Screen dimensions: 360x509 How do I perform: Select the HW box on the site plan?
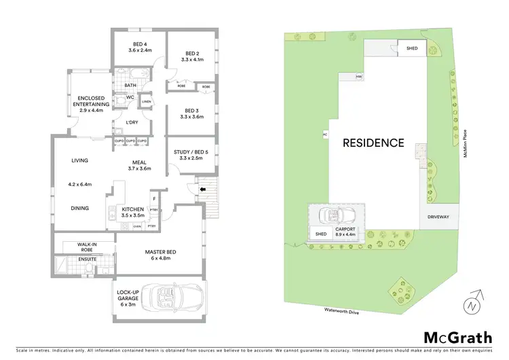(359, 77)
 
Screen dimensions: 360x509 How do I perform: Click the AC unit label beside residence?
(325, 134)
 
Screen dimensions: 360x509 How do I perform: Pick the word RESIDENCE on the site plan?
(373, 143)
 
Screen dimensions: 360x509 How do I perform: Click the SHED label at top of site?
(412, 49)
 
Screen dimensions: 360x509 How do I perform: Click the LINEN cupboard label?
(146, 103)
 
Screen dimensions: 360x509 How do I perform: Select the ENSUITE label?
(86, 259)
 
